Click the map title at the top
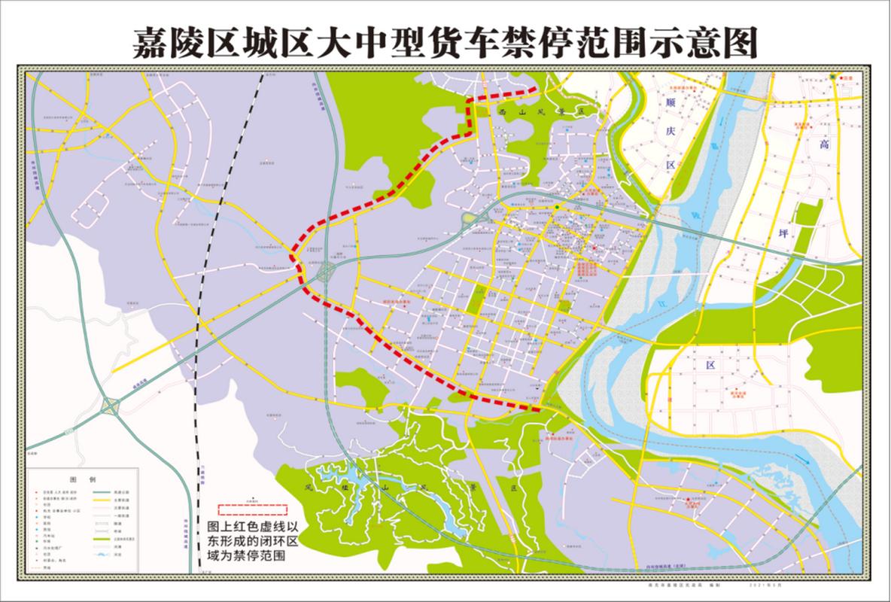[x=444, y=44]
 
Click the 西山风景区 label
[x=541, y=111]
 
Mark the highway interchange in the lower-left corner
[x=111, y=407]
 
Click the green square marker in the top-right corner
[x=832, y=77]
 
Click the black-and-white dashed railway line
[x=197, y=339]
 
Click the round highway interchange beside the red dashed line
[x=327, y=272]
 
